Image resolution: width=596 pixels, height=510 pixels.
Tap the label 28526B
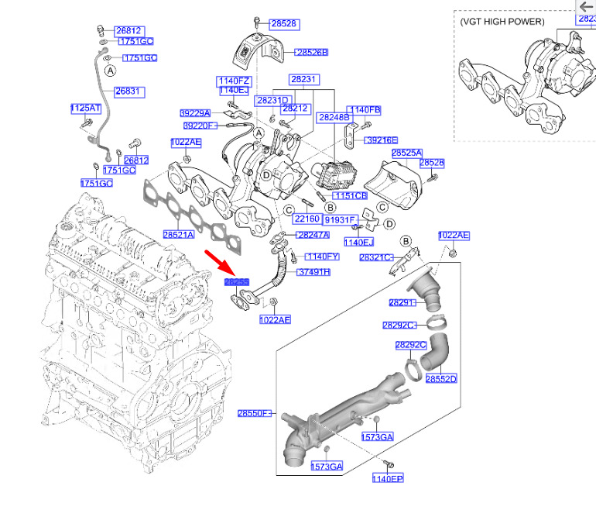click(311, 53)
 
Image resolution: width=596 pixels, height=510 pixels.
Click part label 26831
click(129, 91)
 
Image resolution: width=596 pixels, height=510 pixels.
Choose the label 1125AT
click(85, 109)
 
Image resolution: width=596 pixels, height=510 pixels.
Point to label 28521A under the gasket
click(178, 234)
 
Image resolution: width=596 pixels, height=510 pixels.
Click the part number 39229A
click(195, 113)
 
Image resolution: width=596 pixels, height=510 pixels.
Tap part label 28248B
click(334, 117)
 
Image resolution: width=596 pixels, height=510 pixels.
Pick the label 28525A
click(406, 153)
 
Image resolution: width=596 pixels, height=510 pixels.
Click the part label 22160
click(307, 219)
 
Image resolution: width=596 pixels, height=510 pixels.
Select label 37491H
click(313, 272)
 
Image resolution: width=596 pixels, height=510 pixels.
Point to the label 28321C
click(376, 257)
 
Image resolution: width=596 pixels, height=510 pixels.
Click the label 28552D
click(441, 379)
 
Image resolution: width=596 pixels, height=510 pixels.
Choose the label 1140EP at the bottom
click(387, 480)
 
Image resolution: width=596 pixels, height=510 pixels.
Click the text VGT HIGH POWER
click(502, 21)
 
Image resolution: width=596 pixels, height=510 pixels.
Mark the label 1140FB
click(365, 110)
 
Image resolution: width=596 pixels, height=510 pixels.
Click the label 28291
click(402, 303)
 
